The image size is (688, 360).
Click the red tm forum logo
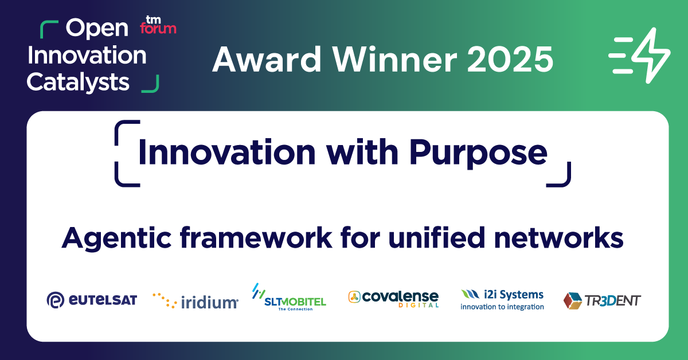point(158,25)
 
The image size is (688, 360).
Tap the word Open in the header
point(97,29)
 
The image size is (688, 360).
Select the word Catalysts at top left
point(78,83)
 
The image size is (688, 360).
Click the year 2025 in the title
point(510,59)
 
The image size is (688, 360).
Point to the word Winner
point(395,59)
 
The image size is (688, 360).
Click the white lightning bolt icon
point(639,56)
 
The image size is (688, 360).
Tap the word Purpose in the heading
point(478,153)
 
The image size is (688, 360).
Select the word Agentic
point(116,238)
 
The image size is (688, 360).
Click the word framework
point(256,237)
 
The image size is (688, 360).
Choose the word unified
point(437,237)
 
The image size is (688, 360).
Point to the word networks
point(558,237)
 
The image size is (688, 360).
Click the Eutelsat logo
point(92,300)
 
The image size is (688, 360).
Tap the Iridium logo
point(196,301)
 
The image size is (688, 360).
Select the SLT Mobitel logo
point(289,297)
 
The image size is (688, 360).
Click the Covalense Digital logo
point(393,299)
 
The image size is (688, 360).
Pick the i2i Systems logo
point(502,300)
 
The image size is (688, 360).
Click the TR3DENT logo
point(603,301)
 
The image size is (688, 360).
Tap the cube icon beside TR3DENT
point(573,301)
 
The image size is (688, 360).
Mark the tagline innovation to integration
point(502,307)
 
